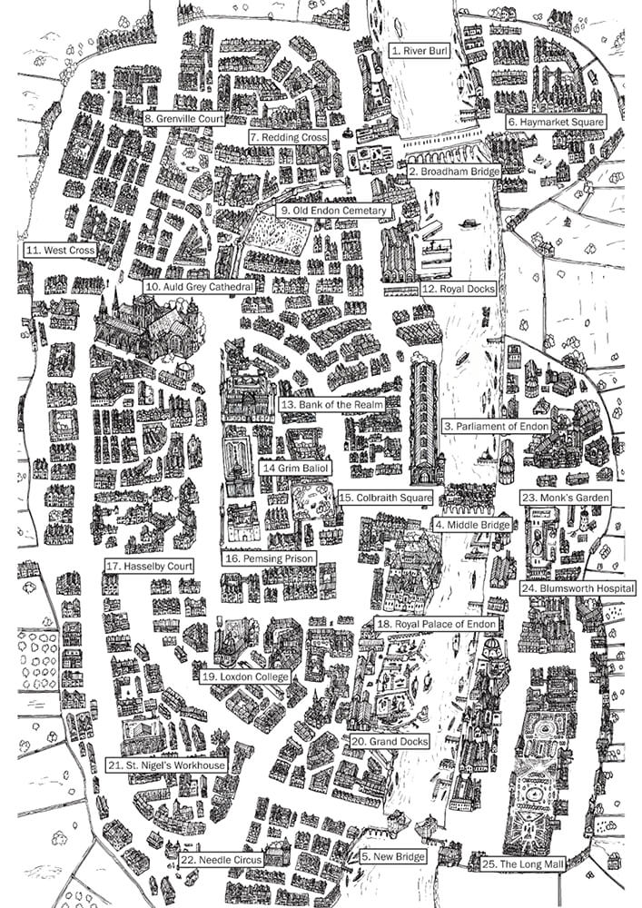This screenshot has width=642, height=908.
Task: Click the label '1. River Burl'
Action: tap(419, 51)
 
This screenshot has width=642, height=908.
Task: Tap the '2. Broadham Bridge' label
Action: tap(453, 171)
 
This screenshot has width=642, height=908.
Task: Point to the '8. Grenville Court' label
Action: tap(183, 118)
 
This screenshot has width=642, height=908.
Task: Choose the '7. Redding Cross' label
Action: tap(287, 136)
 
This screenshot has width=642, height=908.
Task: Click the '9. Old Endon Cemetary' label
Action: tap(333, 211)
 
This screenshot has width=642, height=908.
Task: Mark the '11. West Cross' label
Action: tap(60, 249)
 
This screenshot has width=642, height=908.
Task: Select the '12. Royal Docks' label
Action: tap(458, 290)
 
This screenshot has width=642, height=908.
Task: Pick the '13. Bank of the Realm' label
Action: tap(331, 403)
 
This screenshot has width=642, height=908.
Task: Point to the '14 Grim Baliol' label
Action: tap(295, 468)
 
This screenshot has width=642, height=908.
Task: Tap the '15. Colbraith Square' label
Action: tap(383, 498)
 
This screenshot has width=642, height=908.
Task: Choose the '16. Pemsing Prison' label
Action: tap(269, 558)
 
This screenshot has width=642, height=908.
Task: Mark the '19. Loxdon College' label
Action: tap(245, 676)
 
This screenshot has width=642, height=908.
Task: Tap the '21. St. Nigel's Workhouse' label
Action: tap(165, 765)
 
